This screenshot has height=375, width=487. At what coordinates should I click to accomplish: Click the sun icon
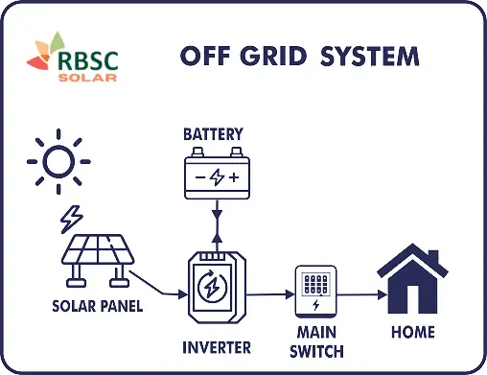(59, 160)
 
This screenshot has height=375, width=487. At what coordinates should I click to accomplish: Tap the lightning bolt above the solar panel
(71, 220)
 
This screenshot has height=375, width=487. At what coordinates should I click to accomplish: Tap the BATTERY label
(213, 133)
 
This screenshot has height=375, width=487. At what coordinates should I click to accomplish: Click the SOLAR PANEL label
(97, 307)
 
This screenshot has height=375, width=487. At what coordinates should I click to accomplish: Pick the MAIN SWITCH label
(316, 342)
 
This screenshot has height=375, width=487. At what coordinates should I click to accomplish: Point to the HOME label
(412, 333)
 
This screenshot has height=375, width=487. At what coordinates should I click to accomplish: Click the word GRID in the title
(271, 56)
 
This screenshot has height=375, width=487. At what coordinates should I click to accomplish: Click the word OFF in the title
(205, 56)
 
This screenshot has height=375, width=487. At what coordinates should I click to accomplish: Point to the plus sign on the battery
(233, 177)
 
